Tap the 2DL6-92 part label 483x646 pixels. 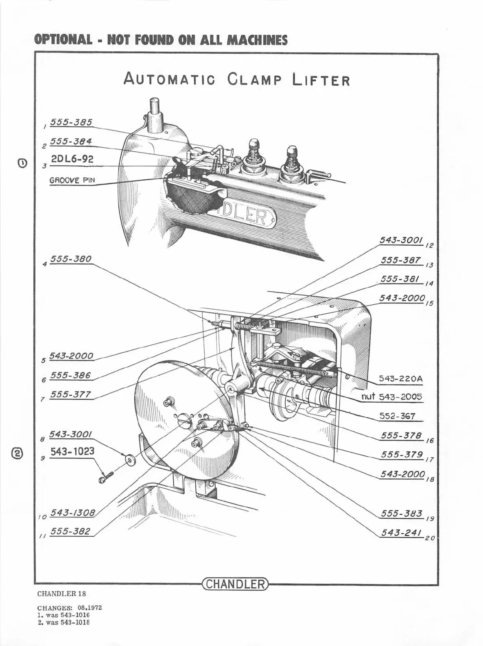pyautogui.click(x=72, y=159)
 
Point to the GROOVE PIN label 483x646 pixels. pyautogui.click(x=72, y=180)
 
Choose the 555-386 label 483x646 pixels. pyautogui.click(x=70, y=375)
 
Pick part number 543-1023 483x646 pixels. pyautogui.click(x=72, y=452)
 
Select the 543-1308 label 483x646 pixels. pyautogui.click(x=72, y=513)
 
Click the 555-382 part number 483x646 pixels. pyautogui.click(x=70, y=531)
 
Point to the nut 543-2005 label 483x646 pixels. pyautogui.click(x=392, y=397)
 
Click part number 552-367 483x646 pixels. pyautogui.click(x=397, y=416)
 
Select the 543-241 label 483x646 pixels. pyautogui.click(x=401, y=533)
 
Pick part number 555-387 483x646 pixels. pyautogui.click(x=401, y=260)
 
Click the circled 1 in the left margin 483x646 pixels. pyautogui.click(x=22, y=163)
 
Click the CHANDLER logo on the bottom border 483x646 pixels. pyautogui.click(x=235, y=585)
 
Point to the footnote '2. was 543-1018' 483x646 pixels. pyautogui.click(x=63, y=622)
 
